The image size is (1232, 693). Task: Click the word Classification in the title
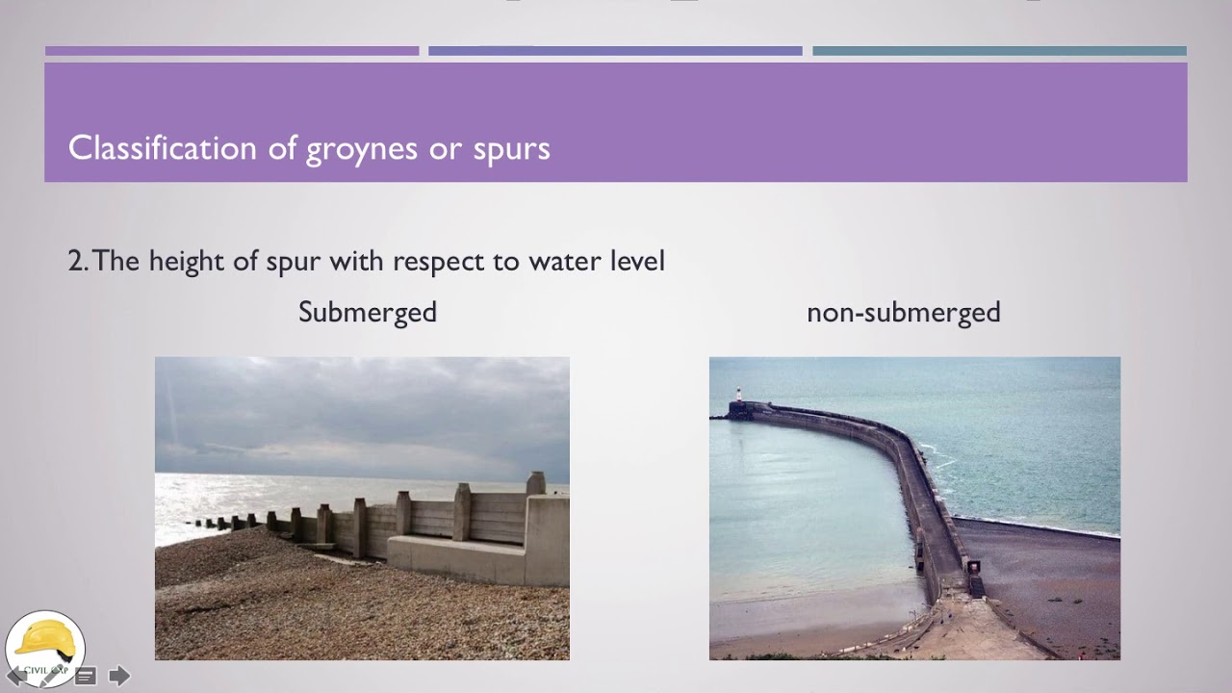[x=163, y=148]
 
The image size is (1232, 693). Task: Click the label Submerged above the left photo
[x=368, y=313]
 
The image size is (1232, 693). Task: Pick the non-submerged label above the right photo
[x=903, y=312]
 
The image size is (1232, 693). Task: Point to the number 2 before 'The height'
[x=76, y=261]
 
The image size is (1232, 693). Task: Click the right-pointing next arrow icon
[x=119, y=676]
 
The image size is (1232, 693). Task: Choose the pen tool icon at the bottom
[x=49, y=676]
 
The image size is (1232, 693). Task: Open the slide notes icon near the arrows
[x=85, y=676]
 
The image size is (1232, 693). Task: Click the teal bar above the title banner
[x=999, y=51]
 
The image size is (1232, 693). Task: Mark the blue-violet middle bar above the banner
[x=615, y=51]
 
